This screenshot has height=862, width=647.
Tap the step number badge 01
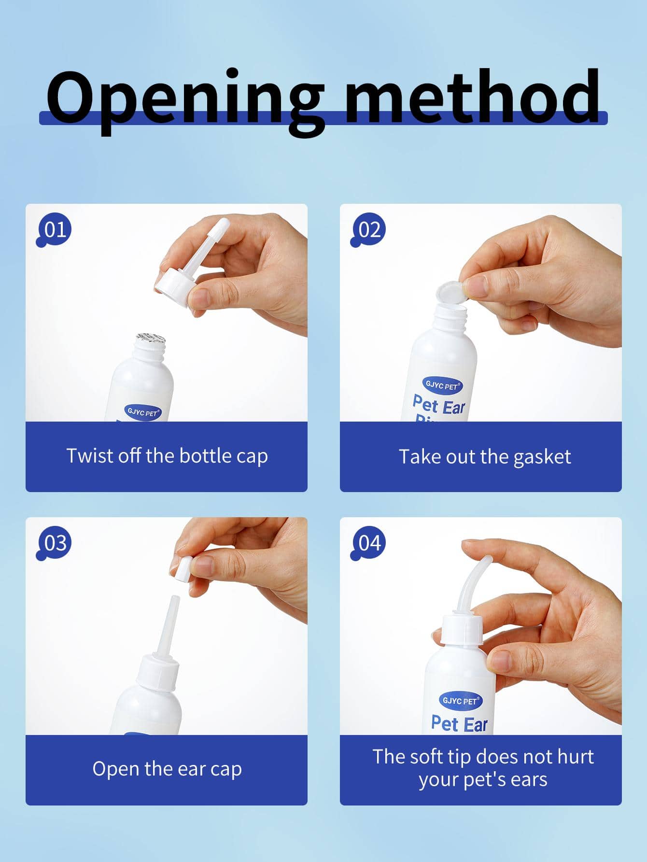54,231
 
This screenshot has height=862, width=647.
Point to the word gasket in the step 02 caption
542,457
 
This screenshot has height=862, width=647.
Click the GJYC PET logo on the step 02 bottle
442,386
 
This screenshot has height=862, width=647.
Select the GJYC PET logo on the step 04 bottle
460,700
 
